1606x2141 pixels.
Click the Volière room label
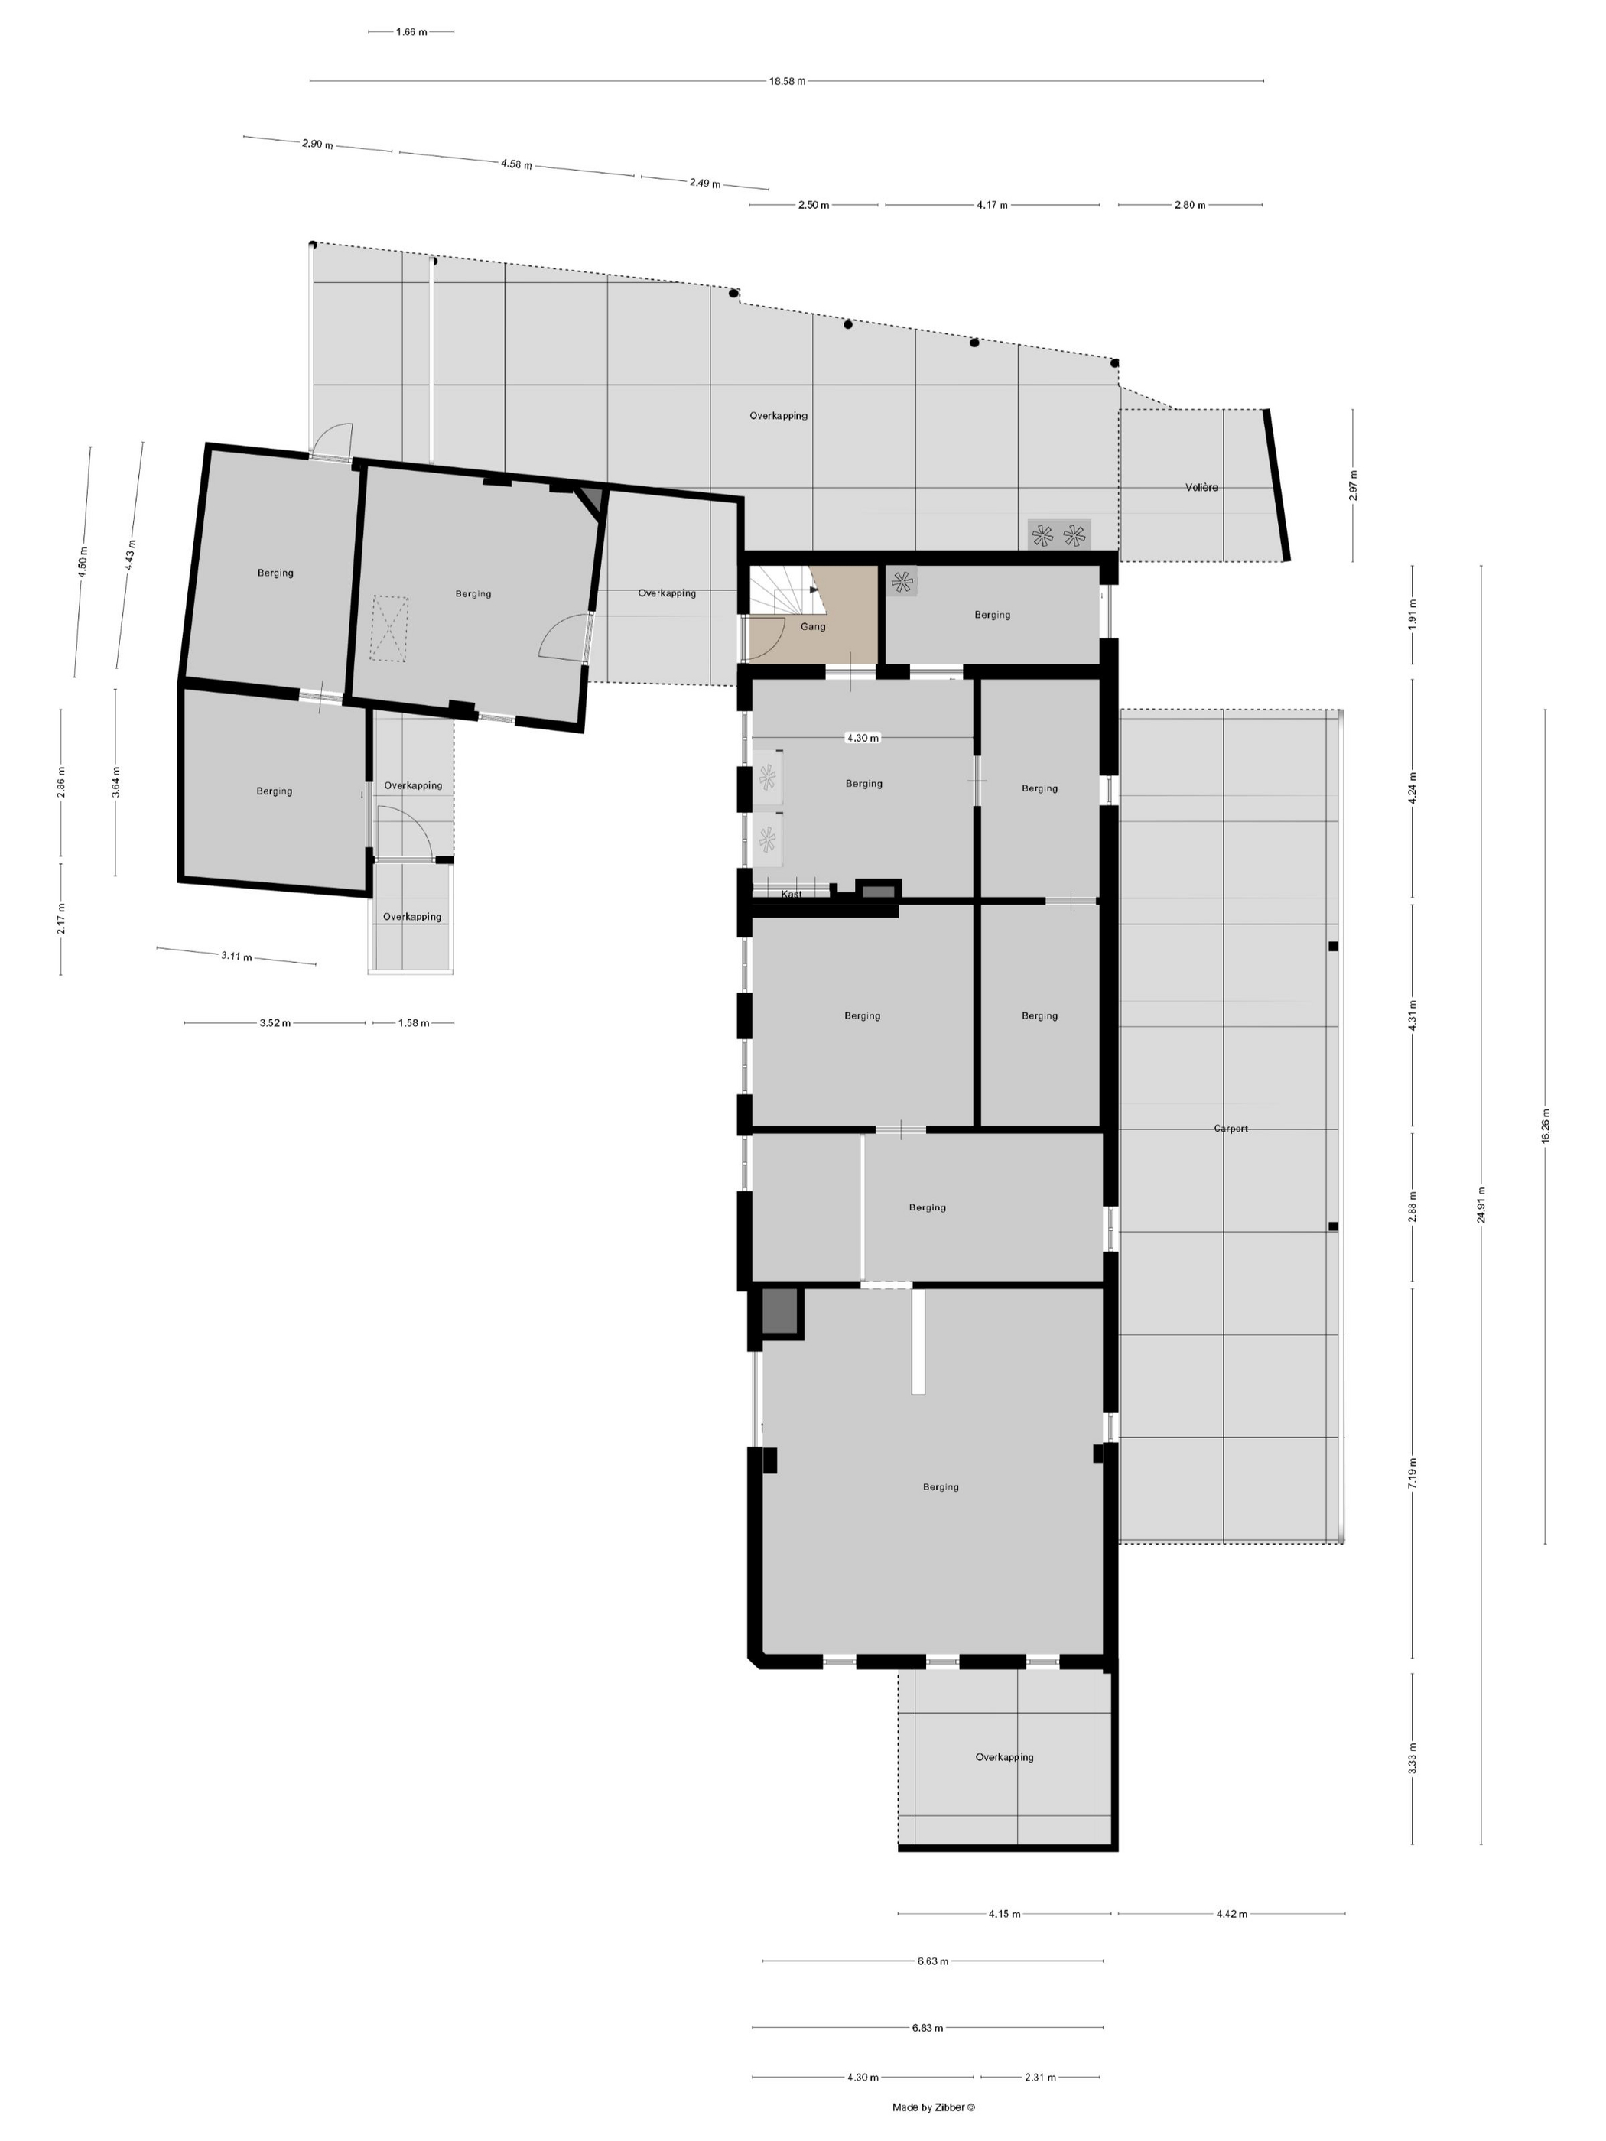(x=1201, y=487)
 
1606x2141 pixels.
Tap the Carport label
(x=1231, y=1129)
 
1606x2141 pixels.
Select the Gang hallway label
(x=813, y=626)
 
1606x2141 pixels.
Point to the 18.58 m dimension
(x=787, y=81)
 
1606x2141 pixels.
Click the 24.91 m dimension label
(x=1481, y=1205)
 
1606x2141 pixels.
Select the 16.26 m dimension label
(x=1545, y=1126)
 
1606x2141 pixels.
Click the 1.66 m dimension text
(x=411, y=32)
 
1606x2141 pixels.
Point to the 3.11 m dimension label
(x=236, y=957)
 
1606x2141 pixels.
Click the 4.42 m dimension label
(x=1231, y=1914)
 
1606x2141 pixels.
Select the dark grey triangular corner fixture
(x=593, y=499)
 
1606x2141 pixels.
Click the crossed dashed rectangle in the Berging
(x=389, y=629)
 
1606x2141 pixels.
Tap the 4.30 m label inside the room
(x=863, y=738)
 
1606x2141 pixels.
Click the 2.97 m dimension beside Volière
(x=1354, y=484)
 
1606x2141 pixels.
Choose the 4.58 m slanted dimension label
(x=516, y=164)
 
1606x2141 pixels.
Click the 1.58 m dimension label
(x=414, y=1022)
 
